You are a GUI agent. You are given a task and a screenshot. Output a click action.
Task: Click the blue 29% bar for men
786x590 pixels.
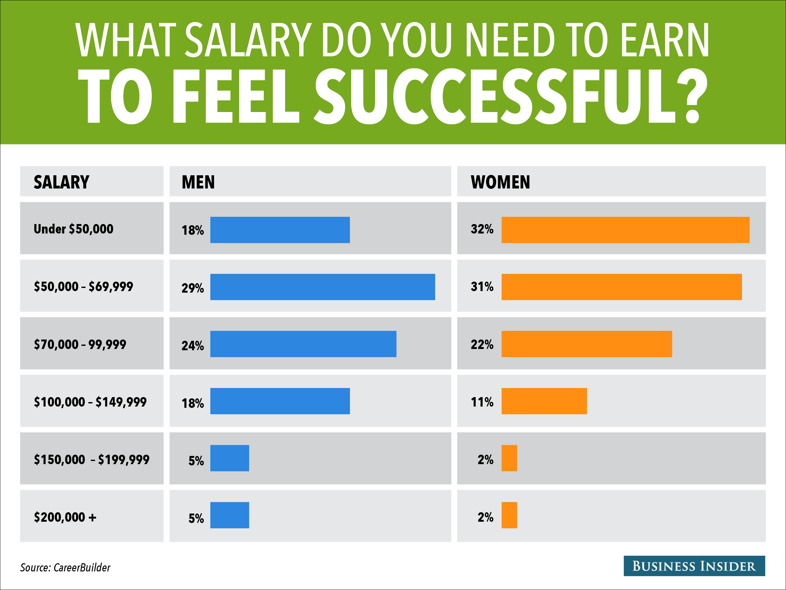point(322,287)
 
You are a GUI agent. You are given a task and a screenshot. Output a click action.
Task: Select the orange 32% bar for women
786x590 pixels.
point(625,230)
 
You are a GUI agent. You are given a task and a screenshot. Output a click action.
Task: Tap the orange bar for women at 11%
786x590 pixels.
point(544,401)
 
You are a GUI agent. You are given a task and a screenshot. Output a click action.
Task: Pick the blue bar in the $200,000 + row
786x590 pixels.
point(230,515)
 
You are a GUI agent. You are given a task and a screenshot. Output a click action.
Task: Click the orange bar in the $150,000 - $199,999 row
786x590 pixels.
point(509,458)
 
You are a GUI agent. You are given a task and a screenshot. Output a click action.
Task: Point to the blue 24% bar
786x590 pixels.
point(303,344)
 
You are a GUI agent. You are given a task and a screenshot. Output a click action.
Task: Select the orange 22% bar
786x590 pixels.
point(587,344)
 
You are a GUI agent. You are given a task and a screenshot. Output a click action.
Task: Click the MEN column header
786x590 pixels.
point(198,182)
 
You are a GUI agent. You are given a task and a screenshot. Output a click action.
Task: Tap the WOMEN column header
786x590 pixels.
point(500,182)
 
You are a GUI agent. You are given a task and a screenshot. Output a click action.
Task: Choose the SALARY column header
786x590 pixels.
point(62,182)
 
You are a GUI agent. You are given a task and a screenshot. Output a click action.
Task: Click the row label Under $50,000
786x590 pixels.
point(74,229)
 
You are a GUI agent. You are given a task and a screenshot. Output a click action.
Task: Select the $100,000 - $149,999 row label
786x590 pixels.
point(90,402)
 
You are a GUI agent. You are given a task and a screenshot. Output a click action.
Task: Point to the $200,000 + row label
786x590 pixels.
point(65,517)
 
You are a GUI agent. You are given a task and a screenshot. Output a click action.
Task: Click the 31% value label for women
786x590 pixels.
point(482,287)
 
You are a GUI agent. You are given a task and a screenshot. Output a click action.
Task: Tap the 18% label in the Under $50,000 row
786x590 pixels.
point(193,230)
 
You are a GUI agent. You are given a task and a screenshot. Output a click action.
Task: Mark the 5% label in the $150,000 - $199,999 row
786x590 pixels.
point(196,461)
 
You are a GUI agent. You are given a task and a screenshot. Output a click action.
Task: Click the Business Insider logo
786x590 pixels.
point(694,566)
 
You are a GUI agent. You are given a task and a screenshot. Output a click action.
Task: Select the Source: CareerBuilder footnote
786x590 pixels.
point(65,568)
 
